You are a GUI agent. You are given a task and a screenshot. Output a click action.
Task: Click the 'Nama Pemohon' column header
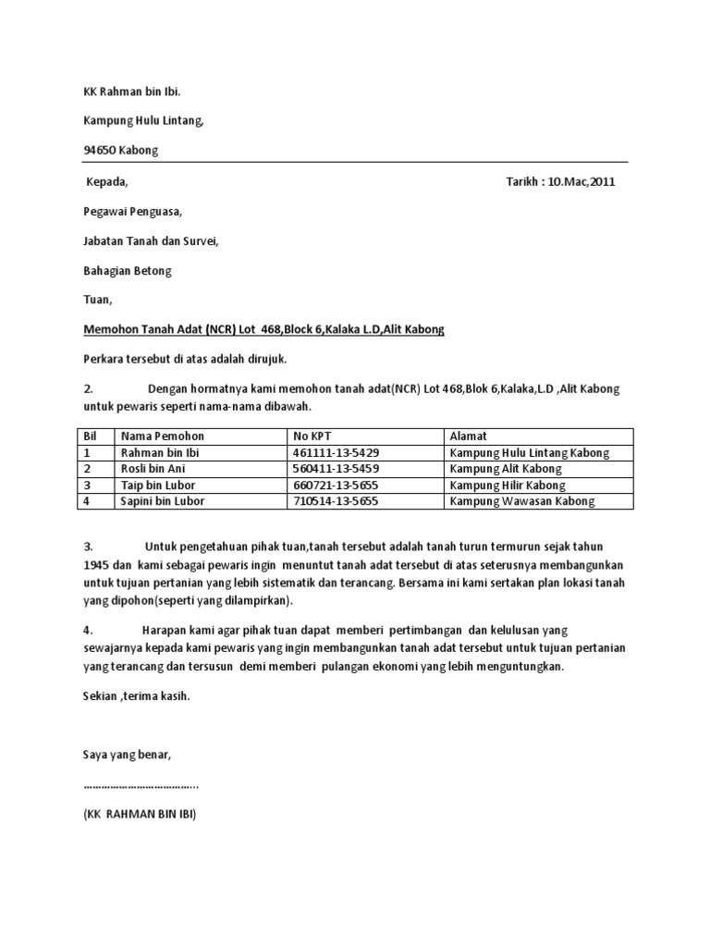(x=163, y=437)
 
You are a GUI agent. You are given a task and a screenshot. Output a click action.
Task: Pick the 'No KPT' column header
(x=312, y=437)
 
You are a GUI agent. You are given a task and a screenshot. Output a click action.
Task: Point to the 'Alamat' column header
(x=469, y=437)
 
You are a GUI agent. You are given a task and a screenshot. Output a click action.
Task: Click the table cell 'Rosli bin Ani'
(x=153, y=469)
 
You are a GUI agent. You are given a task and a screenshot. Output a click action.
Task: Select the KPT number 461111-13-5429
(x=336, y=453)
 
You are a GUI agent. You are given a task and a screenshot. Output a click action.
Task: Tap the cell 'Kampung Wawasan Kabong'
(x=522, y=501)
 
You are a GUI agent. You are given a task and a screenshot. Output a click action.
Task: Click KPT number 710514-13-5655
(x=336, y=501)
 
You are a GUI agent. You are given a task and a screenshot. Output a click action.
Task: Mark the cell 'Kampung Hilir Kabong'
(x=508, y=486)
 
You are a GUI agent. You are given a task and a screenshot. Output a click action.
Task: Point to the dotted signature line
(x=141, y=785)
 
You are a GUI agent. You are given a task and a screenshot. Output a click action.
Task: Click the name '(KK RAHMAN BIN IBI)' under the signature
(x=140, y=816)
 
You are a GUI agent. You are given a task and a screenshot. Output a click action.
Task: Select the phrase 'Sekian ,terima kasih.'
(x=136, y=695)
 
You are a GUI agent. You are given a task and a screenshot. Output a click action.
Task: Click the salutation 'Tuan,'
(x=97, y=301)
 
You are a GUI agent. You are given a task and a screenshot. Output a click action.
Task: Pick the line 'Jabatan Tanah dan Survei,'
(x=152, y=241)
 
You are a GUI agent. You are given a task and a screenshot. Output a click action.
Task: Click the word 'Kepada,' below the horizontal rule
(x=106, y=181)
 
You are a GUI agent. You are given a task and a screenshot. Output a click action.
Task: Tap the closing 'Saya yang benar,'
(x=128, y=755)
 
